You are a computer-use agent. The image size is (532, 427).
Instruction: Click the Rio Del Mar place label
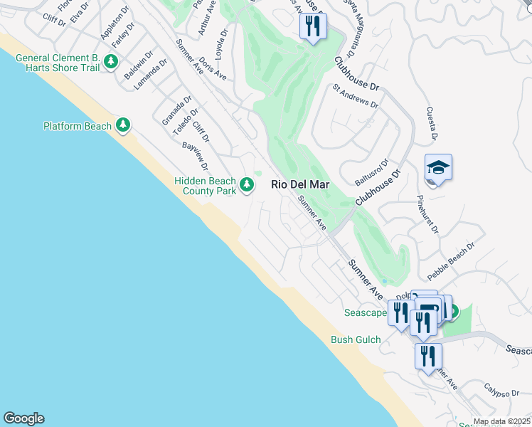point(300,184)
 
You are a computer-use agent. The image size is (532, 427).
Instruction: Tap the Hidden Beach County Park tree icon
point(247,185)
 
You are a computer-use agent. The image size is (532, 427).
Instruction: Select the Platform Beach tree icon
point(123,126)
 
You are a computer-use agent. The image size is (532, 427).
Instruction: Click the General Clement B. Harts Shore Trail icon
point(110,62)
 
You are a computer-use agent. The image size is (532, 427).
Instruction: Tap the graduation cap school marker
point(438,168)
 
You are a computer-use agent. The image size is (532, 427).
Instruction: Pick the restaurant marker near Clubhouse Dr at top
point(312,26)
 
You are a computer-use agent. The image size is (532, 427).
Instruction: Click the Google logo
point(23,418)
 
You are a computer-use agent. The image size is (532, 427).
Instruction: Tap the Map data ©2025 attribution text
point(500,421)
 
